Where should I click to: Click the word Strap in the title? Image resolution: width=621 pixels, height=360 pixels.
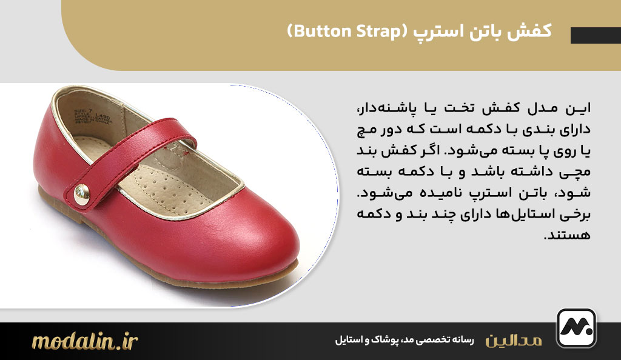coord(371,32)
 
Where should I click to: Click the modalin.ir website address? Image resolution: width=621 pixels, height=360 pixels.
coord(85,341)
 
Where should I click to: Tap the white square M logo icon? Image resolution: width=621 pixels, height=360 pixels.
coord(576,328)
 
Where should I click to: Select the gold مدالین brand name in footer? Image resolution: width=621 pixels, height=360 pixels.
coord(514,341)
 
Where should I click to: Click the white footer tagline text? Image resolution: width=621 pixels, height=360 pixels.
coord(403,341)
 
